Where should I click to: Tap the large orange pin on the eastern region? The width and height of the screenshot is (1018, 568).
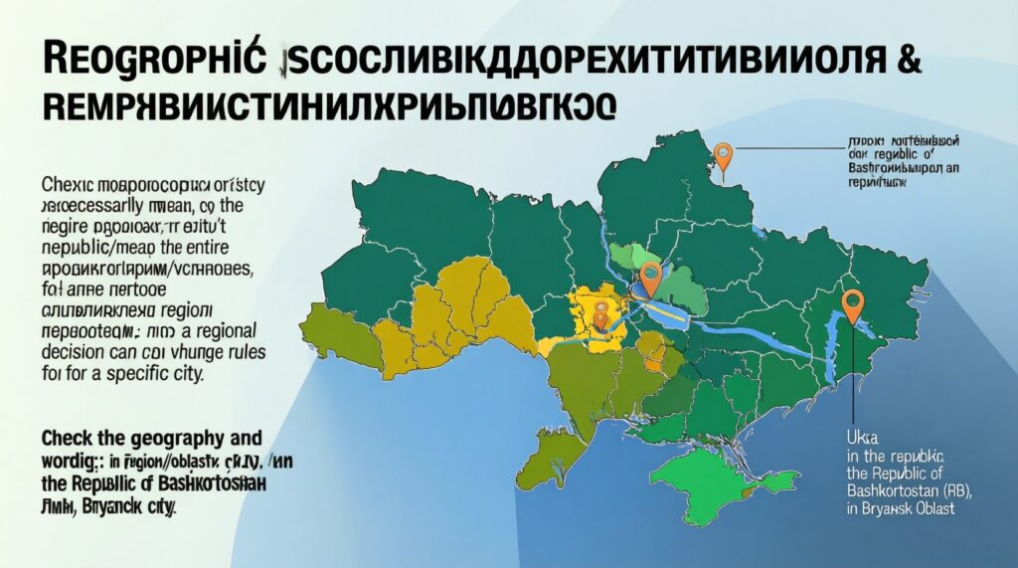point(852,302)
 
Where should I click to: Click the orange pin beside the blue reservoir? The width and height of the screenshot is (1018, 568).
point(649,277)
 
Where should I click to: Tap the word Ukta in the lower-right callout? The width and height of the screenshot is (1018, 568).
point(846,435)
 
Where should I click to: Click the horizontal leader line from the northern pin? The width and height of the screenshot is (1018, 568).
point(785,148)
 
